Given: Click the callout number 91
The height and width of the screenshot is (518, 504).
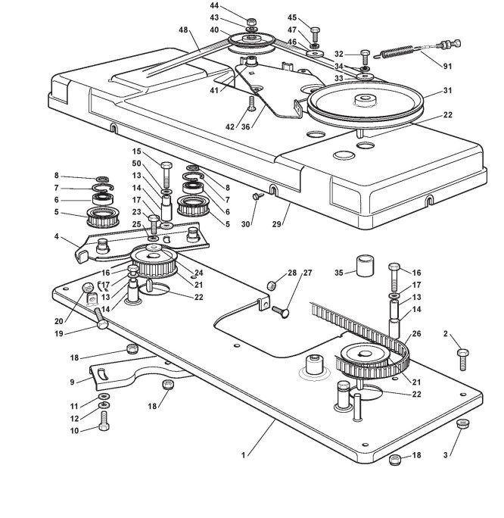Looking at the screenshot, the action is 447,67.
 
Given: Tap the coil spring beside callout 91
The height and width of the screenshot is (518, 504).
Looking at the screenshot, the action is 395,51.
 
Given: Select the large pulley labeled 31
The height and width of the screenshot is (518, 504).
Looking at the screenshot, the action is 365,104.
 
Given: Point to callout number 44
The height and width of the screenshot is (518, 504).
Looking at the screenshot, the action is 214,5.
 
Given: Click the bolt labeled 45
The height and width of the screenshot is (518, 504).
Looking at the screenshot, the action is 314,33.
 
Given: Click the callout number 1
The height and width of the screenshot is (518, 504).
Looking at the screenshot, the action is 244,455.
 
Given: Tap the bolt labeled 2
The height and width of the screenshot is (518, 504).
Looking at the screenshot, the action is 462,360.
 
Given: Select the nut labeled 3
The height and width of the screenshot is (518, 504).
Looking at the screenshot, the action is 462,423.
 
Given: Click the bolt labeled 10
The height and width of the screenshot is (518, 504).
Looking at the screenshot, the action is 104,420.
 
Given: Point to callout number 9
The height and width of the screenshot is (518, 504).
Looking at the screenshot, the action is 73,382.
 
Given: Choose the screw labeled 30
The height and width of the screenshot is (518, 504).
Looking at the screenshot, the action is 257,196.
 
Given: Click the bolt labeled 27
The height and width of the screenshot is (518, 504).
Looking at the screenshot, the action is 281,310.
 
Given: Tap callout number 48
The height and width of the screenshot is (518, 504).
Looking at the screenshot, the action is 183,30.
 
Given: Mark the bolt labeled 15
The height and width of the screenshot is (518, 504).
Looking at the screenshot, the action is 166,175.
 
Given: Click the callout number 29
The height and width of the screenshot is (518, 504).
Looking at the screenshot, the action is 276,224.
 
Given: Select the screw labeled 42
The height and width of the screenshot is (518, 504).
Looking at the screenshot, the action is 251,104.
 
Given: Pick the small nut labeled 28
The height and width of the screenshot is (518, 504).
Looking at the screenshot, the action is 272,286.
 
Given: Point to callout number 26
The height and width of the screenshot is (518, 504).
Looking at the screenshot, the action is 416,334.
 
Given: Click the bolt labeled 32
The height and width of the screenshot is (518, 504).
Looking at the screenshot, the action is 365,57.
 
